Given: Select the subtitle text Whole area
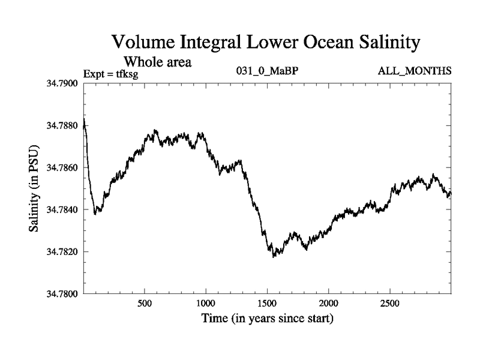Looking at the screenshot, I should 157,61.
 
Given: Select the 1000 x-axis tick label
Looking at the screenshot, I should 206,303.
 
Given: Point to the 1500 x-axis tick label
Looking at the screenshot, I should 267,303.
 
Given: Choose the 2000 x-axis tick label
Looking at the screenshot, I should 329,303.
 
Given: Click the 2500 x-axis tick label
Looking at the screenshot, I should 390,303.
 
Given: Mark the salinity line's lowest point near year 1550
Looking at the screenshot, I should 274,256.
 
